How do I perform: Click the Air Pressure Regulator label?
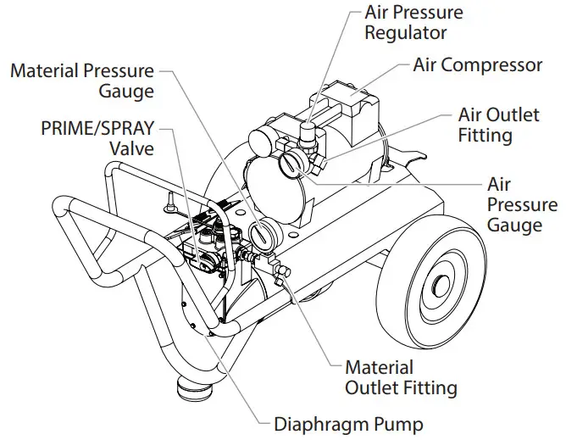(413, 23)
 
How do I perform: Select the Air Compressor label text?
(477, 65)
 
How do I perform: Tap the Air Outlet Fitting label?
(498, 124)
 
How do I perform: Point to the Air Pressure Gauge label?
(522, 204)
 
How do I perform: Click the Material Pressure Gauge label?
(82, 81)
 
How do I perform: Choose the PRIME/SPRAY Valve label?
(98, 138)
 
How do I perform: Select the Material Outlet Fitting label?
(400, 378)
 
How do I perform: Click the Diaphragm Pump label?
(347, 422)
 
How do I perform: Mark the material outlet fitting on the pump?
(285, 274)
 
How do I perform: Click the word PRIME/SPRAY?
(98, 128)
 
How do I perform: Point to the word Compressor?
(499, 65)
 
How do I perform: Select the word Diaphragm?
(314, 422)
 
